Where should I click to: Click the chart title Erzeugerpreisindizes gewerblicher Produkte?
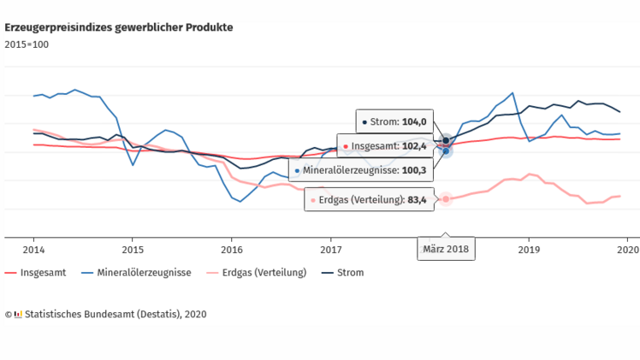point(119,27)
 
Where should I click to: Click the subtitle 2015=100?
point(27,44)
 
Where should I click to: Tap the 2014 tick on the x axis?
point(33,249)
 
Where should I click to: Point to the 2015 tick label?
point(133,249)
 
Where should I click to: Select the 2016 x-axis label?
point(232,249)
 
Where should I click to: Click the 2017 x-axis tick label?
point(331,249)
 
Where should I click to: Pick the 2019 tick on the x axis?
point(529,249)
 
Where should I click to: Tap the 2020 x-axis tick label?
point(627,249)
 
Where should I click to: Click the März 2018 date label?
point(446,250)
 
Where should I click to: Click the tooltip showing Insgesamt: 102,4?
point(384,146)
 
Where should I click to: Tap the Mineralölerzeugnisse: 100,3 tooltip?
point(360,171)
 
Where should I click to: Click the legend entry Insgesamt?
point(39,273)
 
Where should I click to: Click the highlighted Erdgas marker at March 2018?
point(446,199)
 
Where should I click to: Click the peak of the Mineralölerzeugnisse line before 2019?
point(512,92)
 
